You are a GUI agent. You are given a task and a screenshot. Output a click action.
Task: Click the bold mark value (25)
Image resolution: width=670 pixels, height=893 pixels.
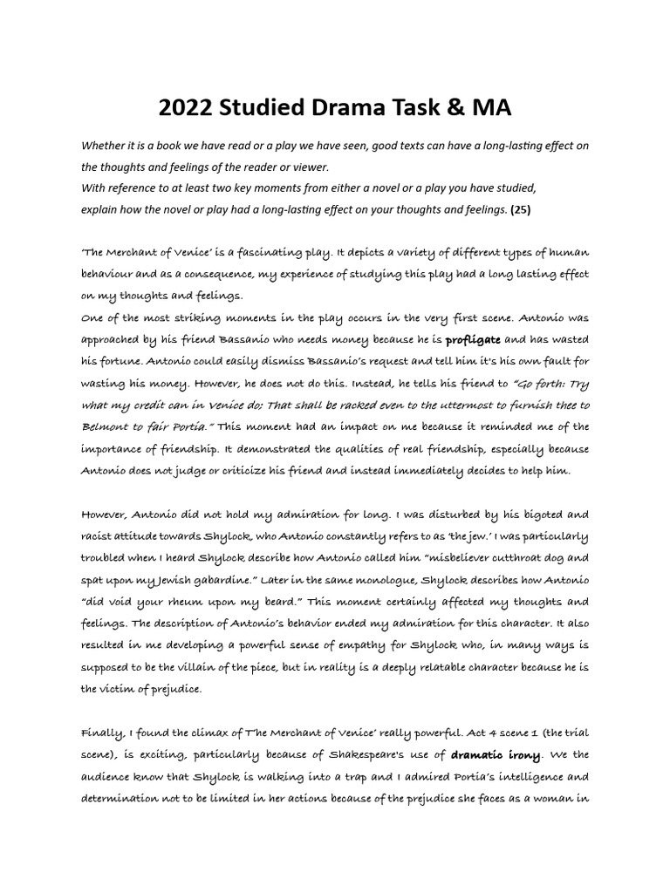click(521, 210)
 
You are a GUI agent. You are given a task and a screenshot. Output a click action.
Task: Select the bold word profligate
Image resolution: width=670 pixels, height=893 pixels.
click(474, 339)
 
